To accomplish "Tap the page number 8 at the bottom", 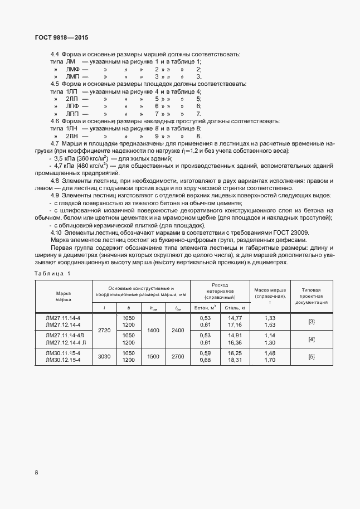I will tap(37, 473).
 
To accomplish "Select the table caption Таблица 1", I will tap(52, 273).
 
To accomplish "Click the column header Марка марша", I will tap(63, 296).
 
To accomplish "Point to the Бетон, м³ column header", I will tap(205, 307).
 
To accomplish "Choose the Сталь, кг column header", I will tap(234, 307).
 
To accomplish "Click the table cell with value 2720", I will tap(104, 330).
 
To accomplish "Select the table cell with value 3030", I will tap(104, 357).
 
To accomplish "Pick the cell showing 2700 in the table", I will tap(177, 357).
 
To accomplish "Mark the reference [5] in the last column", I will tap(312, 357).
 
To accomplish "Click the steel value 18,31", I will tap(235, 360).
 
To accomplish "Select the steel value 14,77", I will tap(235, 318).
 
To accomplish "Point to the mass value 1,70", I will tap(270, 360).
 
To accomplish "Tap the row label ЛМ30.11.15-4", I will tap(63, 353).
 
